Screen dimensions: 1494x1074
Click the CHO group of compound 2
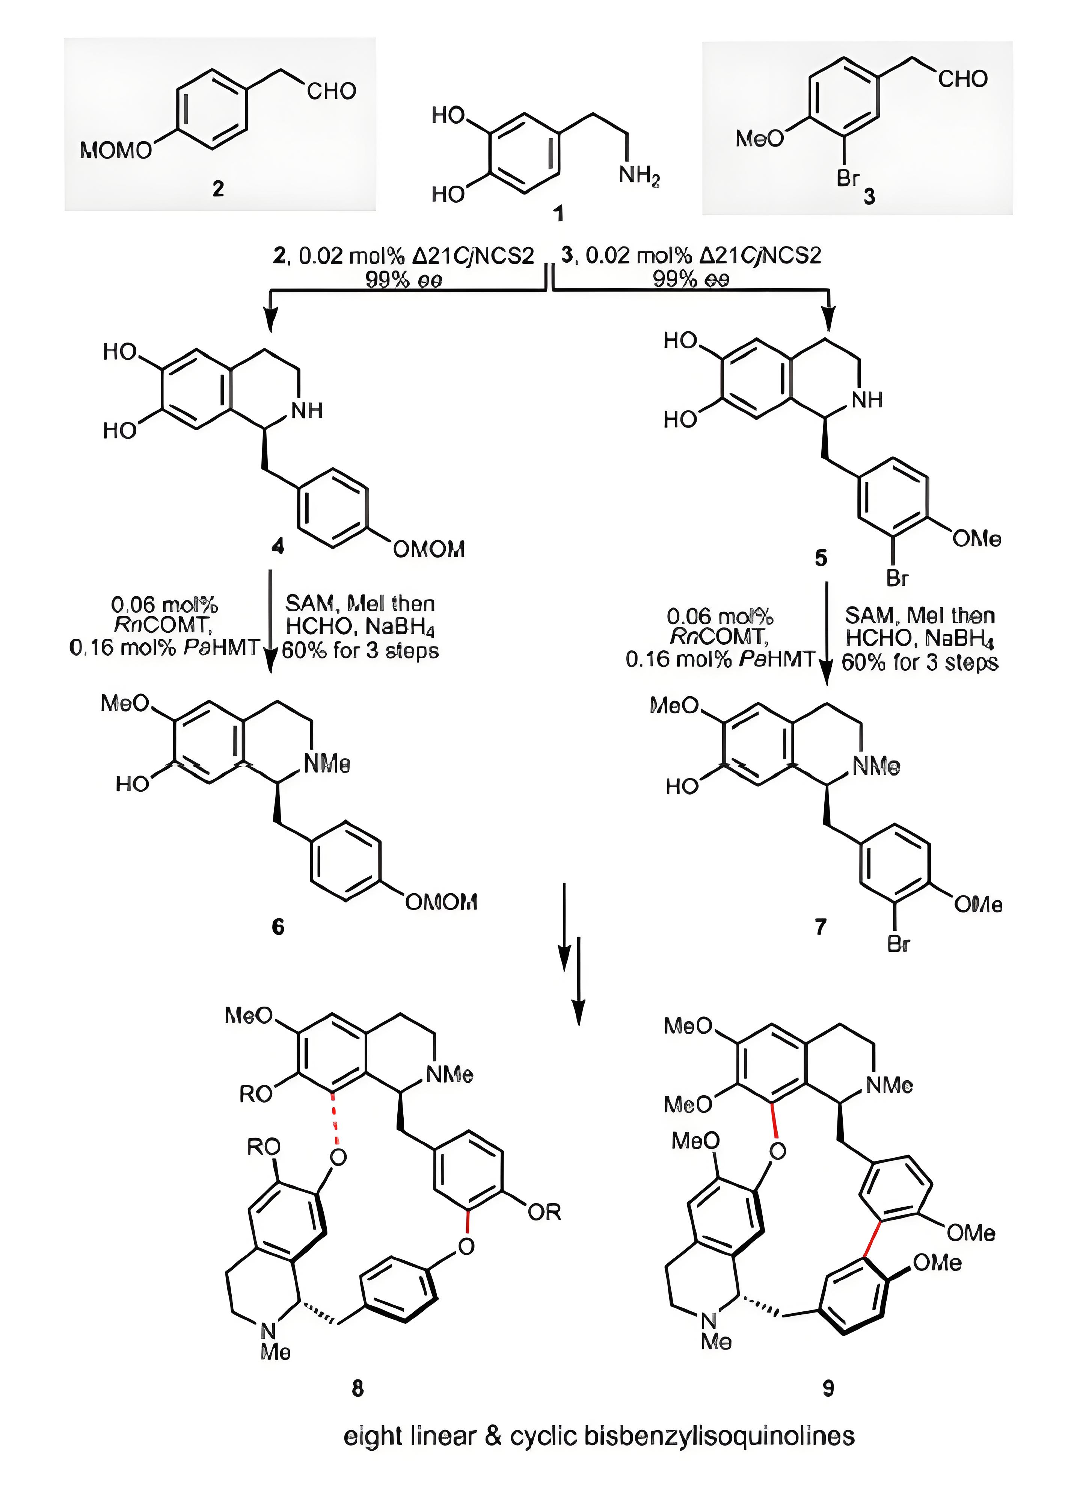pos(331,91)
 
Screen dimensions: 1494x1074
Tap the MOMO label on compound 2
pos(115,151)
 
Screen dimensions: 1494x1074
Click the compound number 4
pos(278,546)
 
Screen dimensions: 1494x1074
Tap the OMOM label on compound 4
pos(429,549)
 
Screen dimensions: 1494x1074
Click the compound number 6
pos(278,927)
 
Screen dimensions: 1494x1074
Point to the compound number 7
pos(821,927)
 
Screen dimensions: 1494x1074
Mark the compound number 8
pos(357,1389)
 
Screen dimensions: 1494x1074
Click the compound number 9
pos(828,1389)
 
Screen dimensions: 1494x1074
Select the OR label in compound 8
pos(544,1212)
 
